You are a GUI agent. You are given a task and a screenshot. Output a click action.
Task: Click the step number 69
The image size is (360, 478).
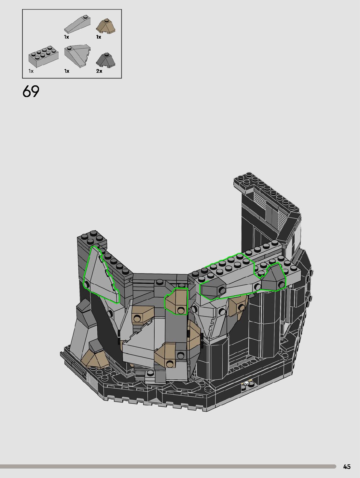(31, 91)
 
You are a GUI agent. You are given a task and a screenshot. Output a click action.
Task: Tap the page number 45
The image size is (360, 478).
(347, 467)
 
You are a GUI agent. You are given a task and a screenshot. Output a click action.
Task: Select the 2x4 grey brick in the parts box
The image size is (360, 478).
(44, 56)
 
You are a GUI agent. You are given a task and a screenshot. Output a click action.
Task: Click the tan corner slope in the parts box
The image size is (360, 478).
(106, 26)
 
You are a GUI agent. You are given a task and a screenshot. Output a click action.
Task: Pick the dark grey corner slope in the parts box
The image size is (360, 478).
(106, 60)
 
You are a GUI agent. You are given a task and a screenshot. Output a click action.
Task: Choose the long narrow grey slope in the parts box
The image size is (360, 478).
(77, 24)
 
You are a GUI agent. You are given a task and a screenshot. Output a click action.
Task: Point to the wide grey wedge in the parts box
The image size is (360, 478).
(77, 56)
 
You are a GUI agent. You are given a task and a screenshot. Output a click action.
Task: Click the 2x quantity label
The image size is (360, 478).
(99, 71)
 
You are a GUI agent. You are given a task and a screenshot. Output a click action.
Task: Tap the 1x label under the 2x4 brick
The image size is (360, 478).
(31, 71)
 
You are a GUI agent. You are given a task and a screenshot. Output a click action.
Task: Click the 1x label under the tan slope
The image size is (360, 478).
(99, 37)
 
